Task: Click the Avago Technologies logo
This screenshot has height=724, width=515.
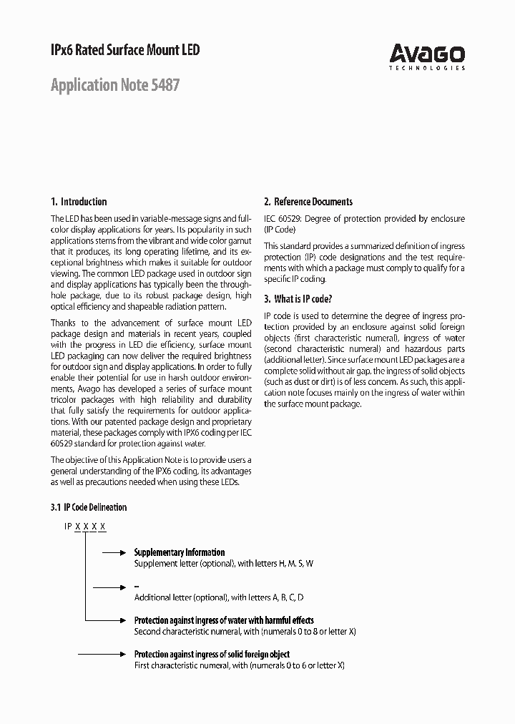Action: click(427, 56)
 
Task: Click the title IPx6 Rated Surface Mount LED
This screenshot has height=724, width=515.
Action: click(125, 50)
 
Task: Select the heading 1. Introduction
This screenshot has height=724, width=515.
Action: click(79, 202)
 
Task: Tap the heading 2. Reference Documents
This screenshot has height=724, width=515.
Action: click(308, 202)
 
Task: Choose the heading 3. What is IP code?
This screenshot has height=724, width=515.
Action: click(298, 299)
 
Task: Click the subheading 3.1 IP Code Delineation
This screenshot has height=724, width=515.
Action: click(89, 507)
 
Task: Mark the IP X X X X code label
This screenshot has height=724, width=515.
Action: click(85, 527)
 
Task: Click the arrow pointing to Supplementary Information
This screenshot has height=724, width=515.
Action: click(114, 553)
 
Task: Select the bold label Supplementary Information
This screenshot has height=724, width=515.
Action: click(180, 552)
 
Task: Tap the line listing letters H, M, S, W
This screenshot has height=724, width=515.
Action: click(224, 564)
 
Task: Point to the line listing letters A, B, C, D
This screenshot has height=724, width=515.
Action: click(219, 597)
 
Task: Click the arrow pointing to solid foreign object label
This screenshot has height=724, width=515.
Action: click(102, 655)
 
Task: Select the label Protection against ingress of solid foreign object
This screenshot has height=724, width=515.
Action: click(212, 654)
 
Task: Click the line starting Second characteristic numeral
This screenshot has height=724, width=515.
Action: click(245, 632)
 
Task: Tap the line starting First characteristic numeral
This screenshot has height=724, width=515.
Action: click(239, 665)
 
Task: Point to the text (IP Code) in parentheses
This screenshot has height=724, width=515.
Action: click(280, 230)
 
